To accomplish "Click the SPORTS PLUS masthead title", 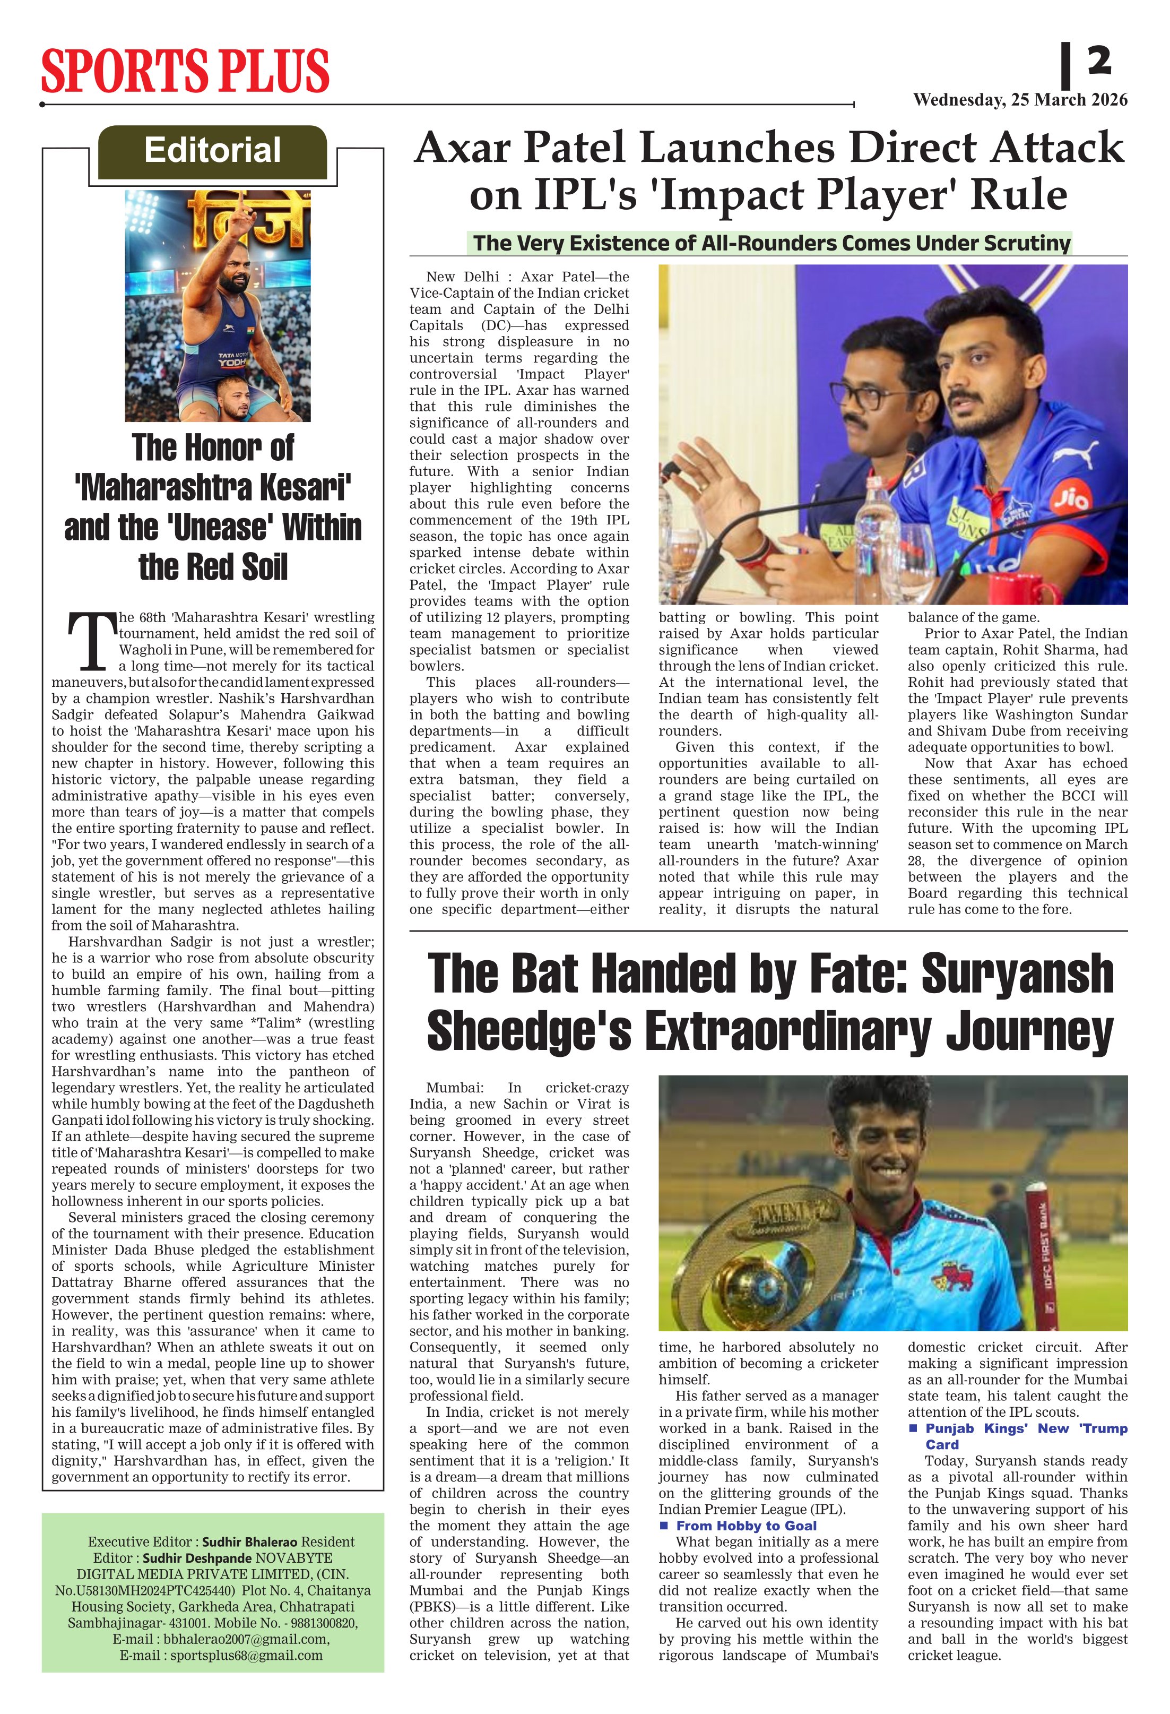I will coord(184,71).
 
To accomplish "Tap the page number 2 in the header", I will coord(1098,62).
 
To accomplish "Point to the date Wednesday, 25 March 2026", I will coord(1020,100).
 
